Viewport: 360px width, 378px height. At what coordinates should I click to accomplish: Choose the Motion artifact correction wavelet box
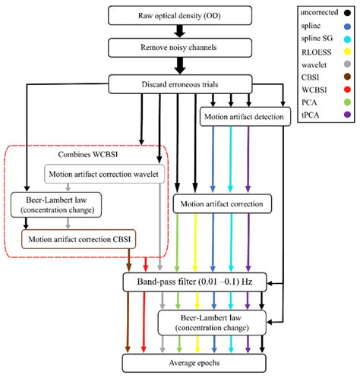click(x=104, y=173)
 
